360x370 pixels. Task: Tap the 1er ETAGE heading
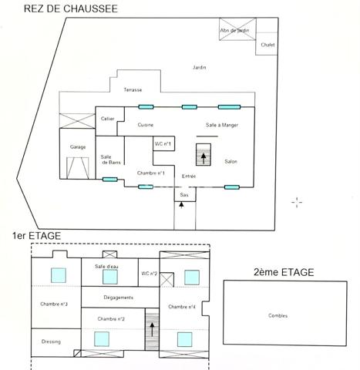point(37,236)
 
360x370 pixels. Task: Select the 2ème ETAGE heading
point(284,271)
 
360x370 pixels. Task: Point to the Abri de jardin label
point(234,30)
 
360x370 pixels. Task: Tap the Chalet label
point(268,45)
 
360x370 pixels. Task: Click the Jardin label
point(200,69)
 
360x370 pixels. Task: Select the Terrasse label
point(132,90)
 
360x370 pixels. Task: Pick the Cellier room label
point(108,119)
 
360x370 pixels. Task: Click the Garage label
point(78,146)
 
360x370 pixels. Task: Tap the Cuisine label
point(146,125)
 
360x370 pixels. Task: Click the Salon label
point(230,162)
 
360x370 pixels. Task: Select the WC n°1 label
point(163,144)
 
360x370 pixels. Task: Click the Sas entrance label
point(184,196)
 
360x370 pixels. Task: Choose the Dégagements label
point(118,297)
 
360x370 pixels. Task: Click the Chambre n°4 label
point(182,307)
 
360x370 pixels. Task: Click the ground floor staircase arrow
point(204,158)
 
